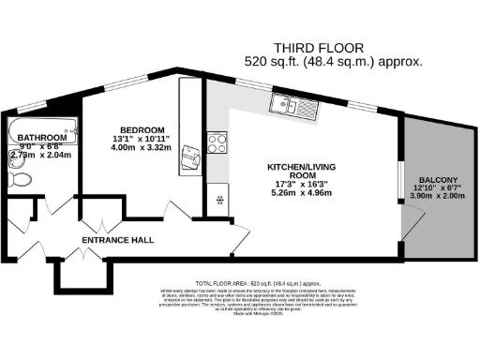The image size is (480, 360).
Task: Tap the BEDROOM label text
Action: [142, 129]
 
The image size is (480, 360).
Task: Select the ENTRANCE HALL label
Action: [118, 241]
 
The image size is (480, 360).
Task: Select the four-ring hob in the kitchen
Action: [217, 143]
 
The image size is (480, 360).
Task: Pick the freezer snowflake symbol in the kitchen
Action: [218, 200]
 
